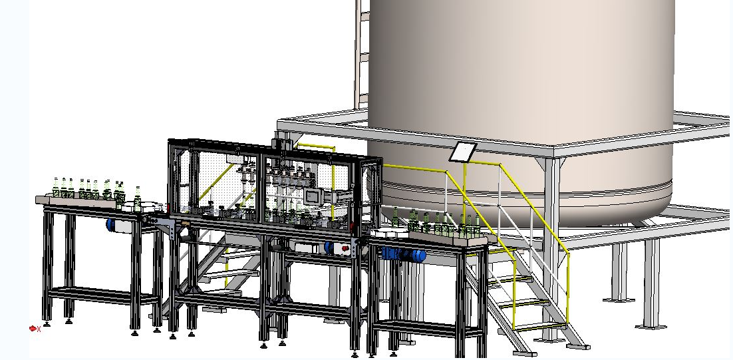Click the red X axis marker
(33, 328)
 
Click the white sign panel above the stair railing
(463, 152)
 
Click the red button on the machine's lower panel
(344, 248)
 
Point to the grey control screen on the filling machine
(313, 196)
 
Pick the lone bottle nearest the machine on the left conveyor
(138, 195)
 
